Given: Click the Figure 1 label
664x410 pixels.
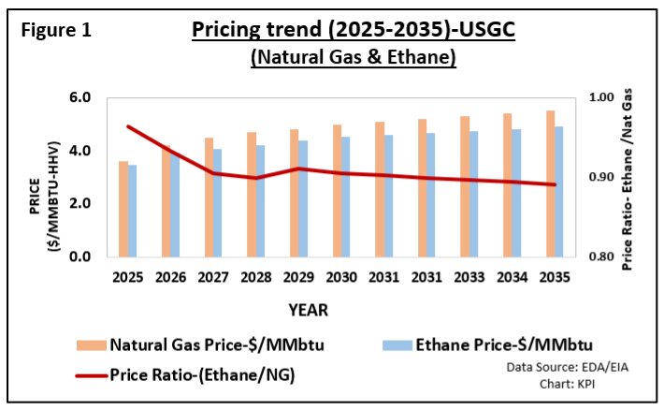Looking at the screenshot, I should (55, 30).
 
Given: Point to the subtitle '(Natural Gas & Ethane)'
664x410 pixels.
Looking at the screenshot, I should (353, 57).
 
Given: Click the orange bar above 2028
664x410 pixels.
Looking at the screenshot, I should (252, 194).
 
